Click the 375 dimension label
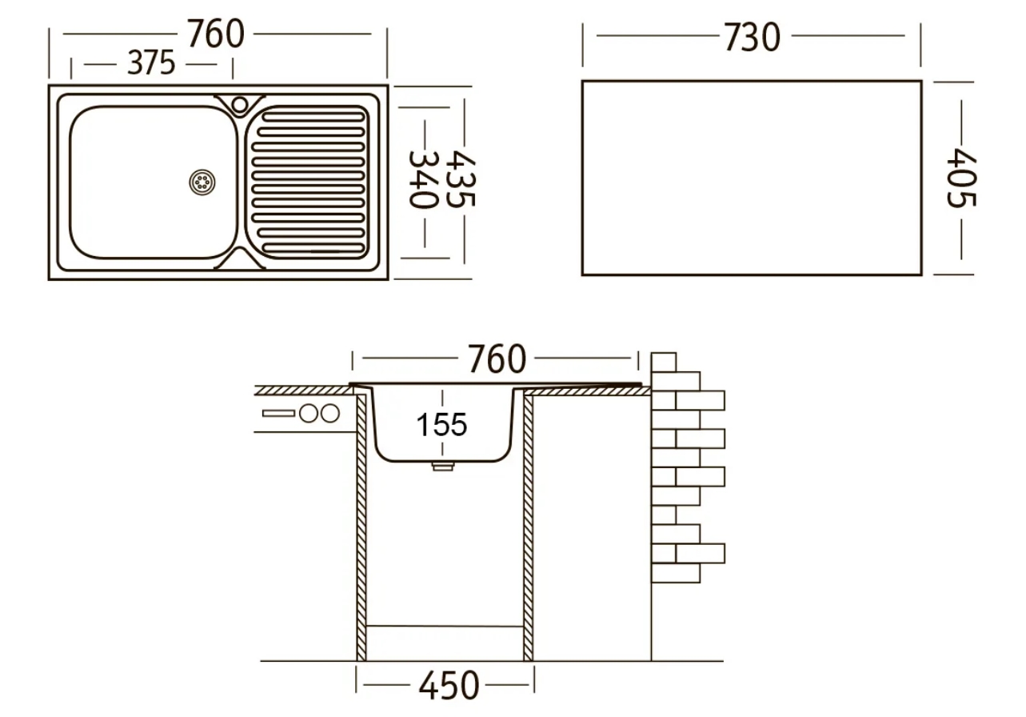tap(151, 62)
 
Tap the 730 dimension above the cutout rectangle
tap(752, 37)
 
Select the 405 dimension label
tap(961, 178)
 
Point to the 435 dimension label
tap(461, 179)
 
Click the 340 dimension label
tap(424, 180)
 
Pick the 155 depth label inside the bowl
tap(441, 424)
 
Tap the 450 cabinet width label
tap(449, 685)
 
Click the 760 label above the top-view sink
tap(216, 34)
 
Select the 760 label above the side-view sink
tap(497, 358)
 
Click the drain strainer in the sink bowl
tap(202, 182)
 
